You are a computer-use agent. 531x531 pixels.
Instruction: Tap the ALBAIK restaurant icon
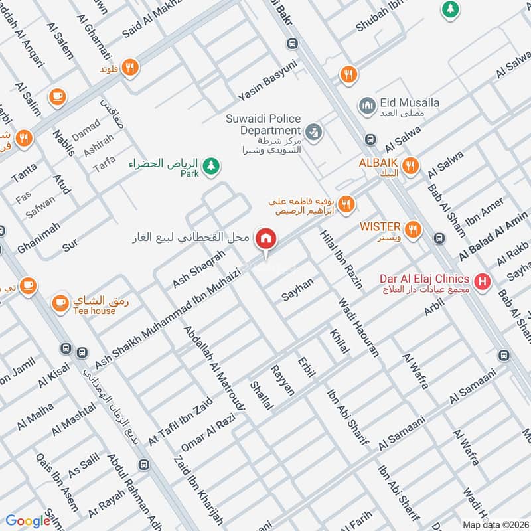pyautogui.click(x=412, y=166)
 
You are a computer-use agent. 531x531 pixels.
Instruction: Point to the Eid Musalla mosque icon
pyautogui.click(x=367, y=105)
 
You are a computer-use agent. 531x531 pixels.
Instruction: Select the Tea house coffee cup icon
pyautogui.click(x=59, y=302)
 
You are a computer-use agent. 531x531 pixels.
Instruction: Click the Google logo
pyautogui.click(x=28, y=521)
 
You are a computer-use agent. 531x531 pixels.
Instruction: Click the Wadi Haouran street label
pyautogui.click(x=358, y=328)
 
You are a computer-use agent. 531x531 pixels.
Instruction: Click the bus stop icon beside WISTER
pyautogui.click(x=438, y=238)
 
